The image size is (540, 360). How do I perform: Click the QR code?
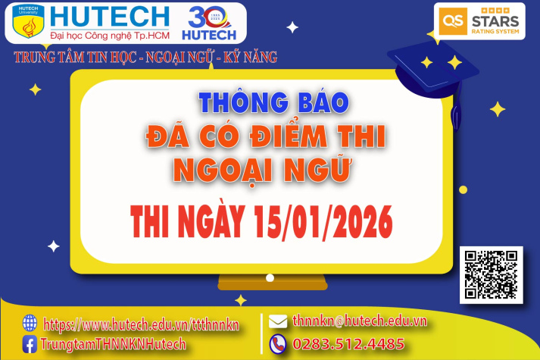pyautogui.click(x=492, y=274)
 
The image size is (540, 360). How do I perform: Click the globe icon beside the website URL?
pyautogui.click(x=30, y=323)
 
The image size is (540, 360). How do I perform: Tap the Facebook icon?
pyautogui.click(x=30, y=344)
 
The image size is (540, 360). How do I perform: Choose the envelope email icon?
pyautogui.click(x=278, y=321)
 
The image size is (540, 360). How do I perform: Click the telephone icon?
pyautogui.click(x=278, y=343)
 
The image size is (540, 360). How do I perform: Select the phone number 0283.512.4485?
pyautogui.click(x=348, y=343)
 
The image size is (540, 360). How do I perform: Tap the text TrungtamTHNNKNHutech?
pyautogui.click(x=114, y=344)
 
